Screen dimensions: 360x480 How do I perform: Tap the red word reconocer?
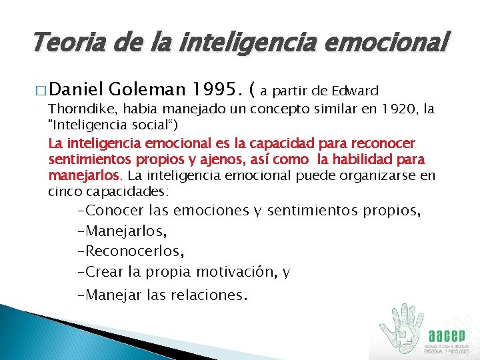387,143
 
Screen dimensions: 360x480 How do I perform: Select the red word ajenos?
190,160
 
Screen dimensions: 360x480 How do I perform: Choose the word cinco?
63,191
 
